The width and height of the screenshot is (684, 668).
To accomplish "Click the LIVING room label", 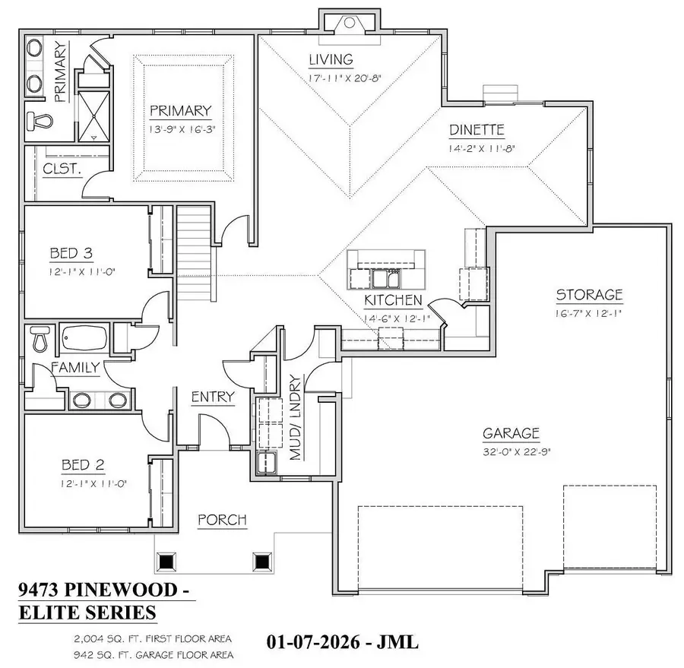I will pos(330,59).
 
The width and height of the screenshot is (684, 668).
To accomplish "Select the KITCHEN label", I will pos(393,301).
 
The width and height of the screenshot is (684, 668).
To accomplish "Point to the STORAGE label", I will pos(589,295).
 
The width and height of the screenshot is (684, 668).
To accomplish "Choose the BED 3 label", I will pos(71,252).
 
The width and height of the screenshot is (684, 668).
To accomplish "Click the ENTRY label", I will pos(212,397).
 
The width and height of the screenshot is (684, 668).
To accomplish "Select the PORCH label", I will pos(222,520).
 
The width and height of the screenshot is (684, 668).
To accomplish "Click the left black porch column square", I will pos(166,562).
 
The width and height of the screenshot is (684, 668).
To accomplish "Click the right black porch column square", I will pos(262,562).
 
